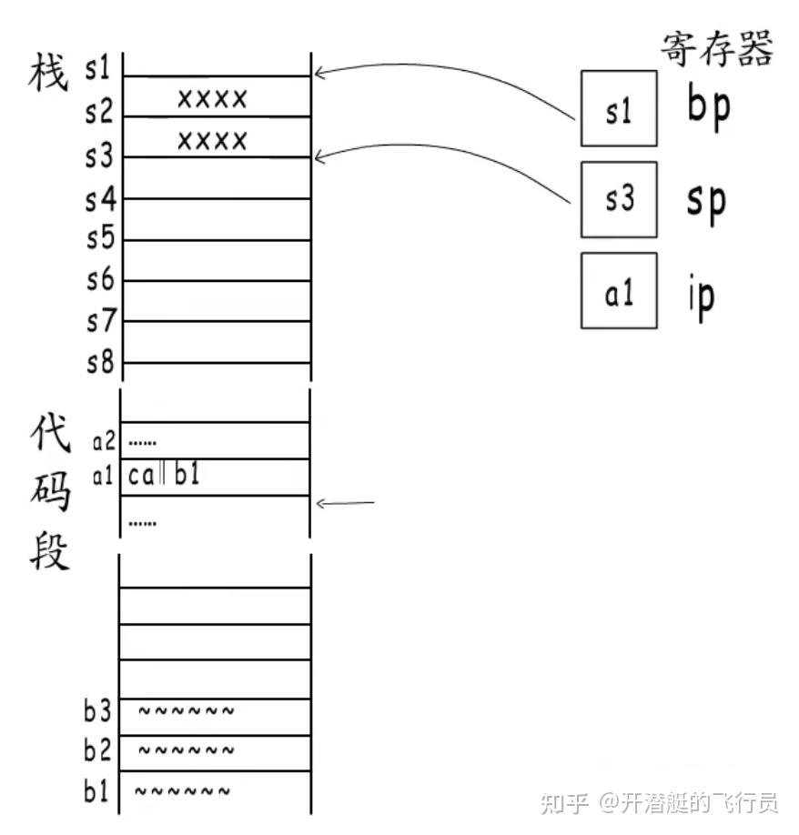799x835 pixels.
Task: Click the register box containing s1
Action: click(x=619, y=108)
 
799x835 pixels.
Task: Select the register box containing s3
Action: click(x=619, y=199)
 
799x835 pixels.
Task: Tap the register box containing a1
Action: click(x=619, y=291)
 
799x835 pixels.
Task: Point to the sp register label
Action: click(x=707, y=201)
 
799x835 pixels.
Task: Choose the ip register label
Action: click(x=701, y=293)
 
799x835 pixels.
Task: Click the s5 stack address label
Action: click(x=100, y=239)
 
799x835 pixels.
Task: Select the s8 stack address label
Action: click(x=100, y=363)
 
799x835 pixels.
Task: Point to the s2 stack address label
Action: click(x=100, y=114)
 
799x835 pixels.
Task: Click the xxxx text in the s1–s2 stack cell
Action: click(x=212, y=97)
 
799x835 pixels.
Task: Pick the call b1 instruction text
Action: click(x=164, y=475)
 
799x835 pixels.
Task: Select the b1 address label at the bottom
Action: click(x=97, y=791)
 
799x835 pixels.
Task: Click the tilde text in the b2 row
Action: click(x=186, y=751)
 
